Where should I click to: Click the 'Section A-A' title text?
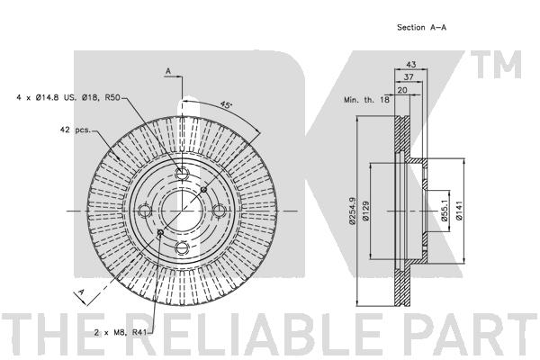pyautogui.click(x=421, y=27)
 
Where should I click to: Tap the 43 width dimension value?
pyautogui.click(x=411, y=64)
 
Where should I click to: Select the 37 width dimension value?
pyautogui.click(x=409, y=76)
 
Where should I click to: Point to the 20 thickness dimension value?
pyautogui.click(x=402, y=90)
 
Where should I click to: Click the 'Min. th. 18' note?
pyautogui.click(x=367, y=100)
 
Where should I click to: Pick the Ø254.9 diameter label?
pyautogui.click(x=352, y=211)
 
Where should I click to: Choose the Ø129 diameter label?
pyautogui.click(x=365, y=211)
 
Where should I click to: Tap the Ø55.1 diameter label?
pyautogui.click(x=445, y=211)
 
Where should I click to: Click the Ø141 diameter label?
pyautogui.click(x=459, y=211)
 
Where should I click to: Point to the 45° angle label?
pyautogui.click(x=226, y=104)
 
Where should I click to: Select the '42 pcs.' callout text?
pyautogui.click(x=75, y=130)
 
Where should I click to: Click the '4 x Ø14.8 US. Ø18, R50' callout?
pyautogui.click(x=68, y=97)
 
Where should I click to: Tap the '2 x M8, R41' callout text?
pyautogui.click(x=121, y=332)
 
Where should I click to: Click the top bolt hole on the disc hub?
pyautogui.click(x=182, y=173)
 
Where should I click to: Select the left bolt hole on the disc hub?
pyautogui.click(x=144, y=211)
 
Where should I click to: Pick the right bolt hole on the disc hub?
pyautogui.click(x=219, y=211)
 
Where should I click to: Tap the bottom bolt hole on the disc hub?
pyautogui.click(x=182, y=247)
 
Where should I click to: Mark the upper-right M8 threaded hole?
pyautogui.click(x=203, y=189)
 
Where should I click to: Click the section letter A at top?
pyautogui.click(x=168, y=71)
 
